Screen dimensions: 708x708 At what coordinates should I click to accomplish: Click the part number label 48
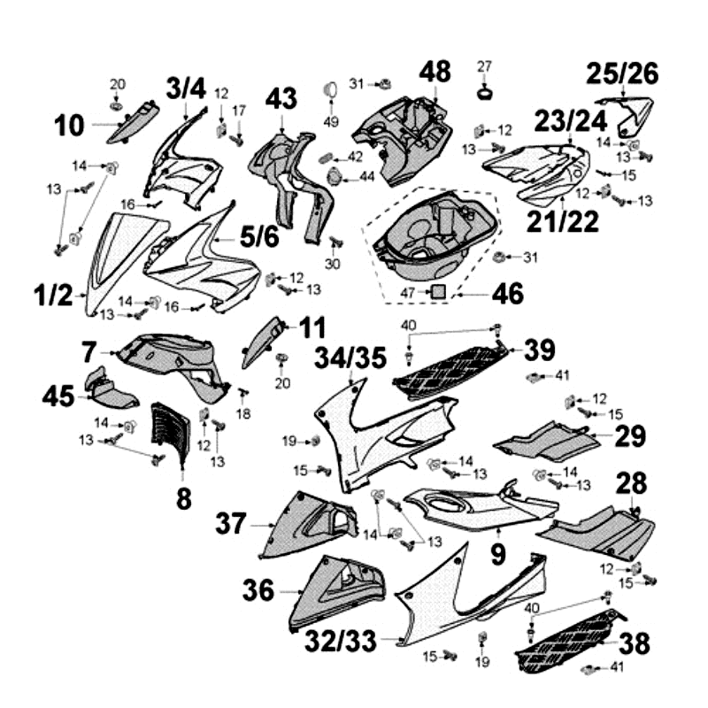click(x=435, y=71)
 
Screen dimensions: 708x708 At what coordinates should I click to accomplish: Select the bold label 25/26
click(x=624, y=73)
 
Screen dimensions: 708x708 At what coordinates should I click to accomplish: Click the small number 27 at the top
click(x=484, y=66)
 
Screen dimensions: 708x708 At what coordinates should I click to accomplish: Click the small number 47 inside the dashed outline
click(x=408, y=291)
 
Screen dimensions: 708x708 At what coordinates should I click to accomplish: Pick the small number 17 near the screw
click(x=238, y=111)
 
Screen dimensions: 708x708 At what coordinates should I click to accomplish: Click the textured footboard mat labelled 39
click(x=450, y=371)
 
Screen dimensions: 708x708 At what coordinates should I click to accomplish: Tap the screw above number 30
click(x=334, y=242)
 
